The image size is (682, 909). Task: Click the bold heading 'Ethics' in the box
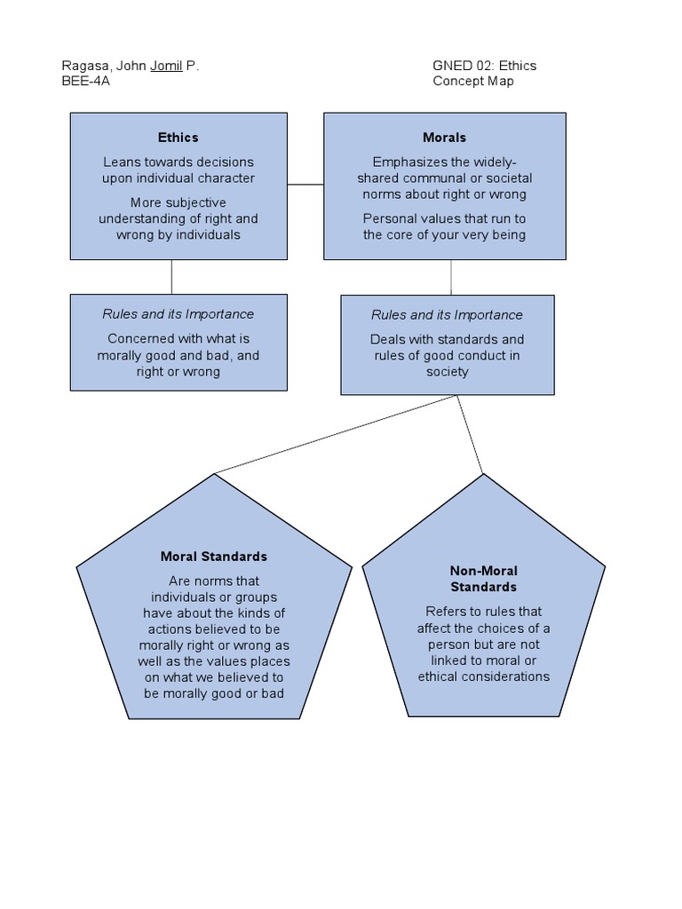178,138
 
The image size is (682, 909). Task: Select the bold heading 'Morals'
445,138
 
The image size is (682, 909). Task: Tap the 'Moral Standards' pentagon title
214,557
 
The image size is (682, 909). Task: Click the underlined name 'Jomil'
166,66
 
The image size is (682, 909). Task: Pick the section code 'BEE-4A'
86,81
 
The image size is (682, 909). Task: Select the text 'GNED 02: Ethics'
485,66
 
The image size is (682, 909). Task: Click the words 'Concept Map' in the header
473,81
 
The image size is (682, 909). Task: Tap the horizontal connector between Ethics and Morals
305,185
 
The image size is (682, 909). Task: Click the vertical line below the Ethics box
171,277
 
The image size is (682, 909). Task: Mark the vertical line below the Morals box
451,277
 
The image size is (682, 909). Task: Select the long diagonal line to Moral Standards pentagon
336,434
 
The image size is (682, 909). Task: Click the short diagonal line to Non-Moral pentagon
471,434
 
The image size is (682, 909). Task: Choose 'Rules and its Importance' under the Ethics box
178,314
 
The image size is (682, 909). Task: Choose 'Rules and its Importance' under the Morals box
448,315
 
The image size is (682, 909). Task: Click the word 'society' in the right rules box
448,372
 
